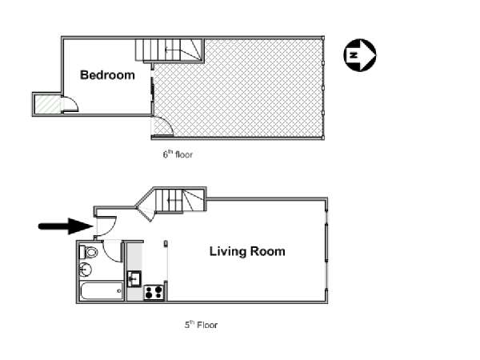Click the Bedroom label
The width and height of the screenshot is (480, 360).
(x=107, y=75)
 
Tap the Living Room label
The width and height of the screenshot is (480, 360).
(x=247, y=251)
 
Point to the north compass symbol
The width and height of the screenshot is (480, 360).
(x=360, y=55)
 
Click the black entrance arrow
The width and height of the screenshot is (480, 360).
(x=66, y=226)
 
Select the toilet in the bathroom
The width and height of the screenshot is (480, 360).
(x=89, y=252)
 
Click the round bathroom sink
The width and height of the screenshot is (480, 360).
(x=86, y=270)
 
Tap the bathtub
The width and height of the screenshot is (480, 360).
(x=102, y=291)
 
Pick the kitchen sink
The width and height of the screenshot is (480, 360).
(x=134, y=278)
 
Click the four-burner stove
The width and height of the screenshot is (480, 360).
(x=154, y=292)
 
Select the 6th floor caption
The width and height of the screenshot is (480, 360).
(x=178, y=154)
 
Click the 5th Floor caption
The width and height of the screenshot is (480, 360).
(x=201, y=325)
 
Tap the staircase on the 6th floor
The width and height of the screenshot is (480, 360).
(x=170, y=50)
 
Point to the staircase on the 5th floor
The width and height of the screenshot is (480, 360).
(x=180, y=200)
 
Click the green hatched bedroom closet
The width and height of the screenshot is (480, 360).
(x=48, y=104)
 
